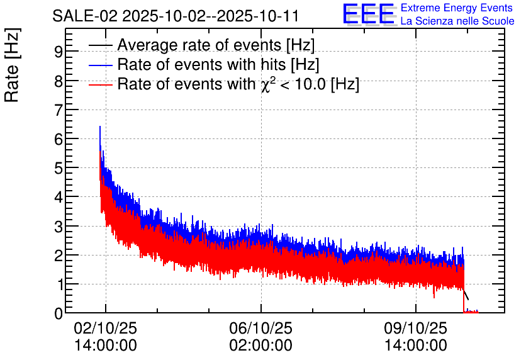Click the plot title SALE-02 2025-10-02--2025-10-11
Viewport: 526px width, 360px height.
tap(176, 16)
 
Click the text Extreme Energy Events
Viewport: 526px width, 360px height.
tap(456, 8)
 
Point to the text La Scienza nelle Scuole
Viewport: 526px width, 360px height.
tap(457, 21)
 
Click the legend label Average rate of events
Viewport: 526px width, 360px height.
tap(216, 45)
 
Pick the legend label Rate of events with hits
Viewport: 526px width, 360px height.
tap(218, 65)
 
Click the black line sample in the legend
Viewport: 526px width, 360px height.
tap(101, 46)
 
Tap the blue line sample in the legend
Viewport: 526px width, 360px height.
tap(101, 65)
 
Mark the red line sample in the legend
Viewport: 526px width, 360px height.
tap(101, 84)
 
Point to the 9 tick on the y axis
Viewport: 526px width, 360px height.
tap(58, 52)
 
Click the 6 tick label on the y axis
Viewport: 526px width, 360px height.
tap(58, 139)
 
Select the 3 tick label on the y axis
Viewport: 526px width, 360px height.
tap(58, 226)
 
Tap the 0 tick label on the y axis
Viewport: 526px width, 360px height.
tap(58, 313)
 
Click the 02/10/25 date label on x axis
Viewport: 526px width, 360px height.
tap(105, 329)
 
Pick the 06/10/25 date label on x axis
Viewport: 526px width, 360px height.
tap(260, 329)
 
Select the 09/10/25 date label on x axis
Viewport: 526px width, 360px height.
tap(415, 329)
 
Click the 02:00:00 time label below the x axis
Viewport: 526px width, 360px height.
tap(260, 345)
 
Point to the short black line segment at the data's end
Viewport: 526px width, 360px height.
tap(466, 295)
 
